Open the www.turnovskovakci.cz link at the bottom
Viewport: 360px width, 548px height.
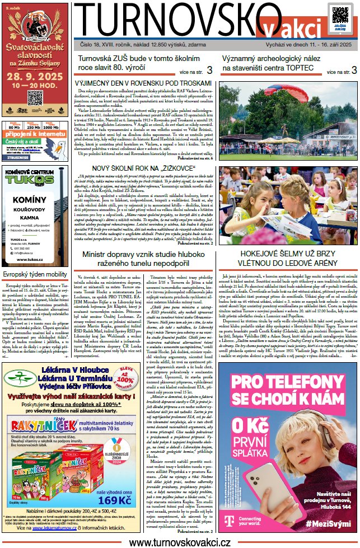(x=179, y=542)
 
